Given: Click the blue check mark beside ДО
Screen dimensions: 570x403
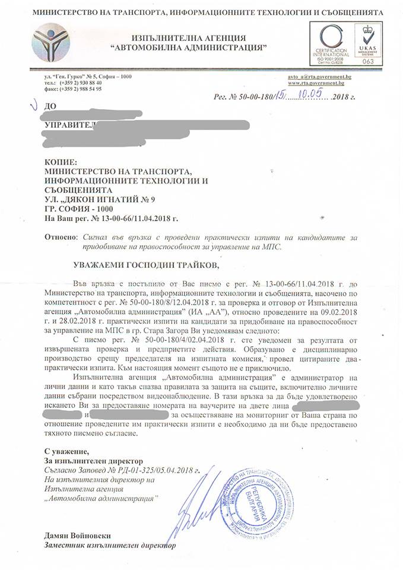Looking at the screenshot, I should point(31,106).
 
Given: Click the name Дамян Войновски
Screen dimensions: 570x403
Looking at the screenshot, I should point(78,535).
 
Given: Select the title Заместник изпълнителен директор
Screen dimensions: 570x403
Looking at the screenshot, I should point(110,544).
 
